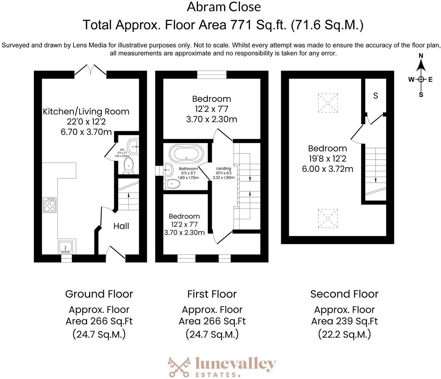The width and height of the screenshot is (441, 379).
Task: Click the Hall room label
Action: (121, 226)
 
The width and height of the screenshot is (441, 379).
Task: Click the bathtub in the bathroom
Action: (187, 153)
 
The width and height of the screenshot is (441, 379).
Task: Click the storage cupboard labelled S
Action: (375, 96)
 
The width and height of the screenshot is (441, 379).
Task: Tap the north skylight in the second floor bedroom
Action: (327, 102)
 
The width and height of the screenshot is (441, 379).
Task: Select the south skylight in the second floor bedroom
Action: (327, 218)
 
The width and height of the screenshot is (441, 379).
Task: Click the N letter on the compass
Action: (421, 56)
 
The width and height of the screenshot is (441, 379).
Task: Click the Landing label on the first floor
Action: (224, 169)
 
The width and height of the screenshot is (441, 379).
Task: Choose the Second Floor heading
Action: (344, 294)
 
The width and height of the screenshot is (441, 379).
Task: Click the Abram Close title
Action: (224, 7)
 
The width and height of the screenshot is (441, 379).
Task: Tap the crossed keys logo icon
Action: (179, 367)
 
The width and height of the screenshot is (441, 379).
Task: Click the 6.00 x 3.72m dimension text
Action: (327, 169)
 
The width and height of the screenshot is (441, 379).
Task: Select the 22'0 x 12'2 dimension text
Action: (86, 122)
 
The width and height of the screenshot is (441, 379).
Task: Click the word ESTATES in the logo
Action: (216, 374)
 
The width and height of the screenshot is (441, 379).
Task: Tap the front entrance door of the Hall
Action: (116, 253)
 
